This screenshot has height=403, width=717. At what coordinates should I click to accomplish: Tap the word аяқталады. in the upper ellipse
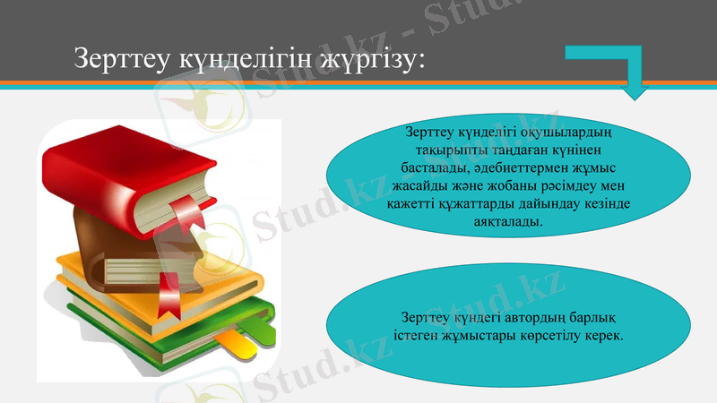pyautogui.click(x=508, y=219)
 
